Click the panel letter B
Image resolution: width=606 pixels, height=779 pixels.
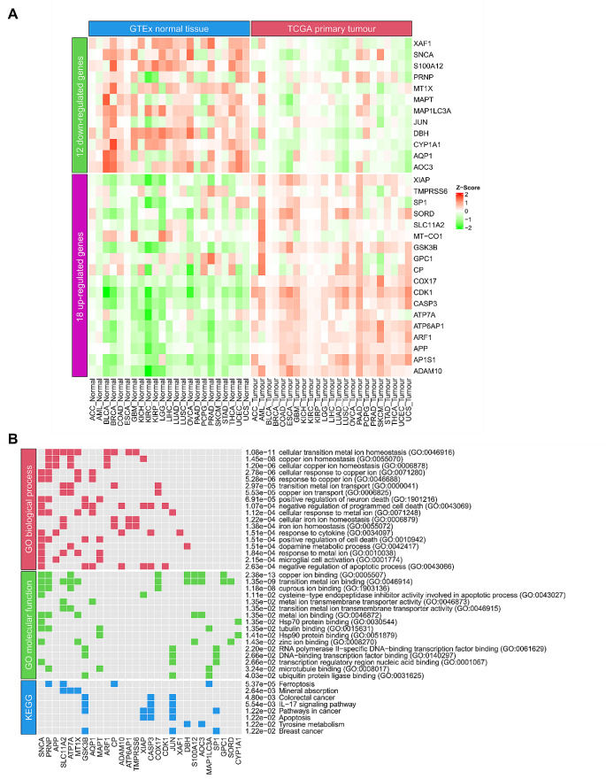pos(12,437)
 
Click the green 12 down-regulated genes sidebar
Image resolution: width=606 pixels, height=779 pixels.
pos(79,105)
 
